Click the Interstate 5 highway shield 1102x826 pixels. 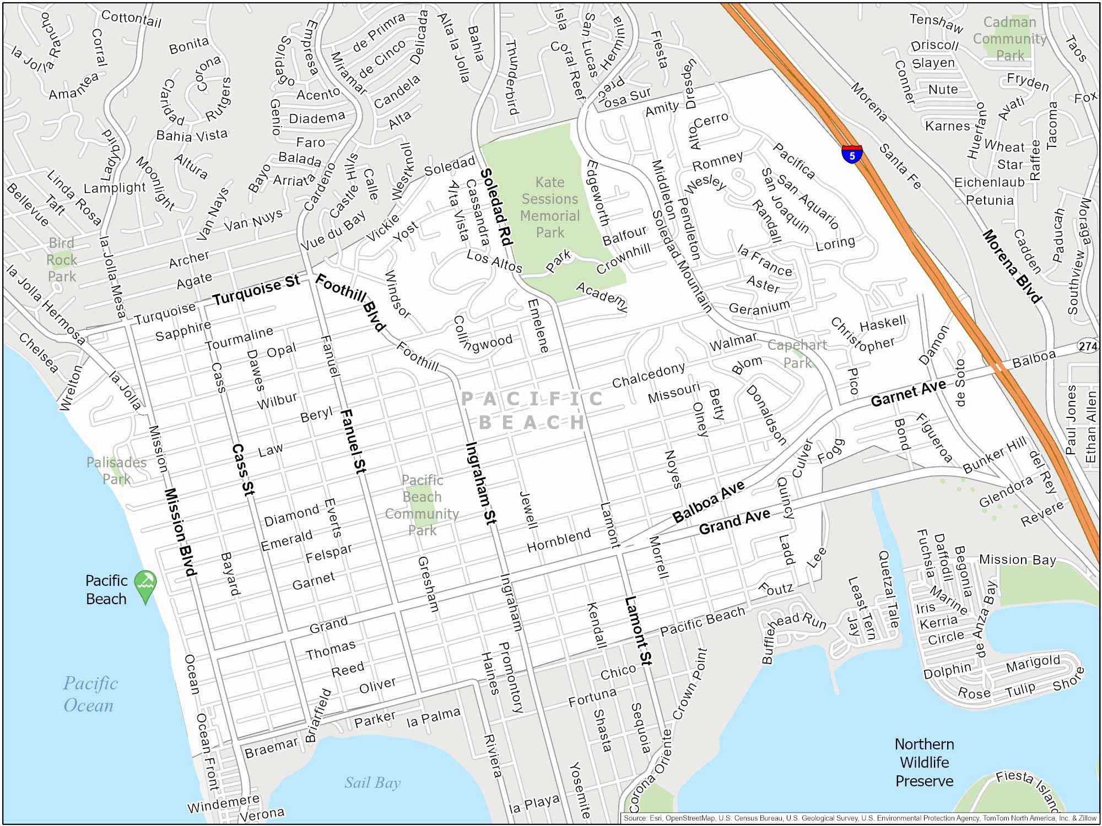(852, 155)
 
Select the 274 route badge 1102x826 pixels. (1088, 346)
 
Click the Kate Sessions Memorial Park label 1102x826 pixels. (550, 207)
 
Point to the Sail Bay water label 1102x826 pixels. (372, 782)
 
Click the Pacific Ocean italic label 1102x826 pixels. (90, 694)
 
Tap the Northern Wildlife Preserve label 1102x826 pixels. (924, 762)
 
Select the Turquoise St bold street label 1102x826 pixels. (256, 290)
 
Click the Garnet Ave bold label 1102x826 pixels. (908, 393)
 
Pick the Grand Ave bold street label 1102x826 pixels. (734, 521)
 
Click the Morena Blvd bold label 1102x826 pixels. (1012, 267)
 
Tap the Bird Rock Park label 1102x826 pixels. (61, 259)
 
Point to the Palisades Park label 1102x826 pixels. (116, 470)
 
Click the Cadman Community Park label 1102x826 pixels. (1009, 39)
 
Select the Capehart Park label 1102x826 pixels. (797, 354)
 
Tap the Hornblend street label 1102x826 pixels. (559, 540)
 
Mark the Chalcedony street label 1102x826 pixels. (649, 374)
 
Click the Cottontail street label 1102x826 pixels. (131, 19)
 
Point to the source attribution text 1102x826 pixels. (860, 818)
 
